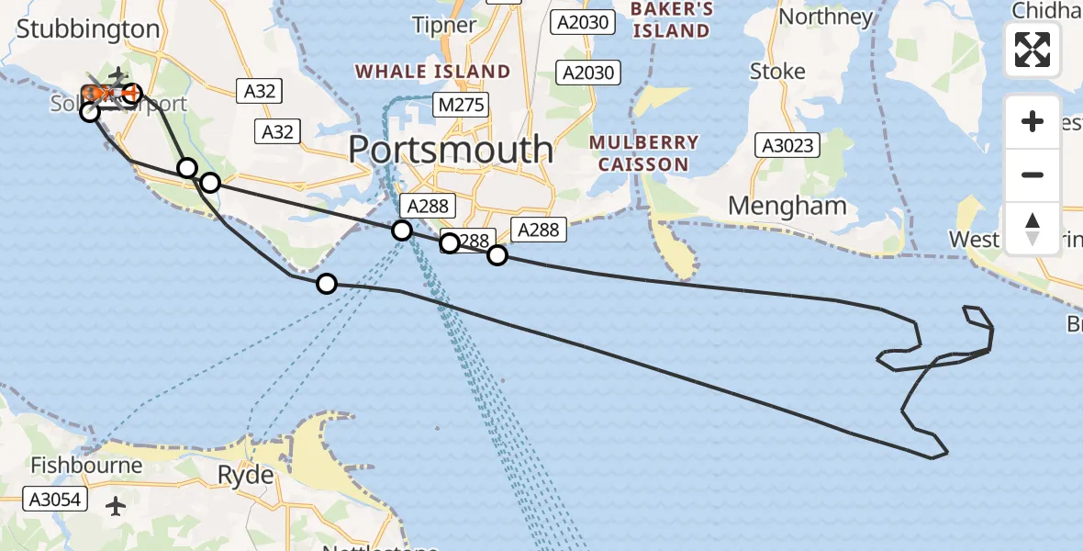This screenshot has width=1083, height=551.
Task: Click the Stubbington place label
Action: click(x=88, y=28)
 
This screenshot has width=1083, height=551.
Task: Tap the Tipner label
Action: click(x=445, y=25)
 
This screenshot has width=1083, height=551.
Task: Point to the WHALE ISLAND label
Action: click(x=432, y=72)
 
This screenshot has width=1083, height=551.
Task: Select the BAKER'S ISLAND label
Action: click(x=670, y=20)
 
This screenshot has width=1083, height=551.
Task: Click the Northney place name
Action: click(x=825, y=17)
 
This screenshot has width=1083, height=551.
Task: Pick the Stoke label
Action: click(x=777, y=71)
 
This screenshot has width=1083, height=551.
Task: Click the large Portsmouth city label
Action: click(x=451, y=149)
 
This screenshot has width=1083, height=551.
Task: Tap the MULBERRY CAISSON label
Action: click(x=643, y=153)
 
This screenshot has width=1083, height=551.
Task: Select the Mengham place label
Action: click(x=787, y=206)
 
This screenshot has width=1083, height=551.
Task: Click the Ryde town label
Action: click(x=245, y=475)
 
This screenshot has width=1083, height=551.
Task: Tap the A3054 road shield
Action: click(x=54, y=500)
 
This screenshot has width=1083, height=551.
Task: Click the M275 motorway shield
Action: click(x=461, y=106)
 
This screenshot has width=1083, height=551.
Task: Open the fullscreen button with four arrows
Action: click(x=1033, y=49)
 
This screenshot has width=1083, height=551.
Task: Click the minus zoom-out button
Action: click(x=1033, y=174)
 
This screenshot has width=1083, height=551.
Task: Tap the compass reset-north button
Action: click(x=1033, y=228)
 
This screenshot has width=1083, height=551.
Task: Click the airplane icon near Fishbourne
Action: click(x=117, y=505)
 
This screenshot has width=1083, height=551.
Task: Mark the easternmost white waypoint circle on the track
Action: click(x=497, y=254)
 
